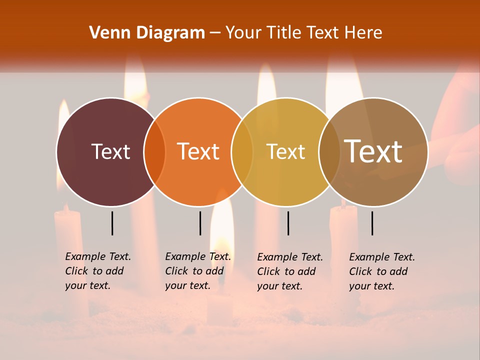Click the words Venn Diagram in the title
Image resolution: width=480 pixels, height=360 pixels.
click(x=147, y=33)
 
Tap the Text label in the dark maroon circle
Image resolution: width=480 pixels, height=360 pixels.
click(x=110, y=151)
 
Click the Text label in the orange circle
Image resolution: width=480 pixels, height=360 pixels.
click(x=198, y=151)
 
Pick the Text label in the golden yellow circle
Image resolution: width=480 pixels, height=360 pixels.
click(x=285, y=151)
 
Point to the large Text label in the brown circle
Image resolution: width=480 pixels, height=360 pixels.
click(x=373, y=151)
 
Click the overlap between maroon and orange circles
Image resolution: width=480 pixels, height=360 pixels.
click(x=154, y=151)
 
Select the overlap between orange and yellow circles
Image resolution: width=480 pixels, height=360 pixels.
click(x=242, y=151)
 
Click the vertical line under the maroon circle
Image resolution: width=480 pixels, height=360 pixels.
click(x=112, y=223)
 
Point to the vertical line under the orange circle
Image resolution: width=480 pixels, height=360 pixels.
click(x=200, y=223)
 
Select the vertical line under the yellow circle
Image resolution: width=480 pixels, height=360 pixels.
click(x=288, y=223)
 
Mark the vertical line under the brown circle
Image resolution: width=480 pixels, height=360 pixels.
click(x=372, y=223)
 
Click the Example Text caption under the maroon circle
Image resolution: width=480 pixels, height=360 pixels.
click(x=97, y=271)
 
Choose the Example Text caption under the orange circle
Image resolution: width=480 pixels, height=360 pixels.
click(x=197, y=271)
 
